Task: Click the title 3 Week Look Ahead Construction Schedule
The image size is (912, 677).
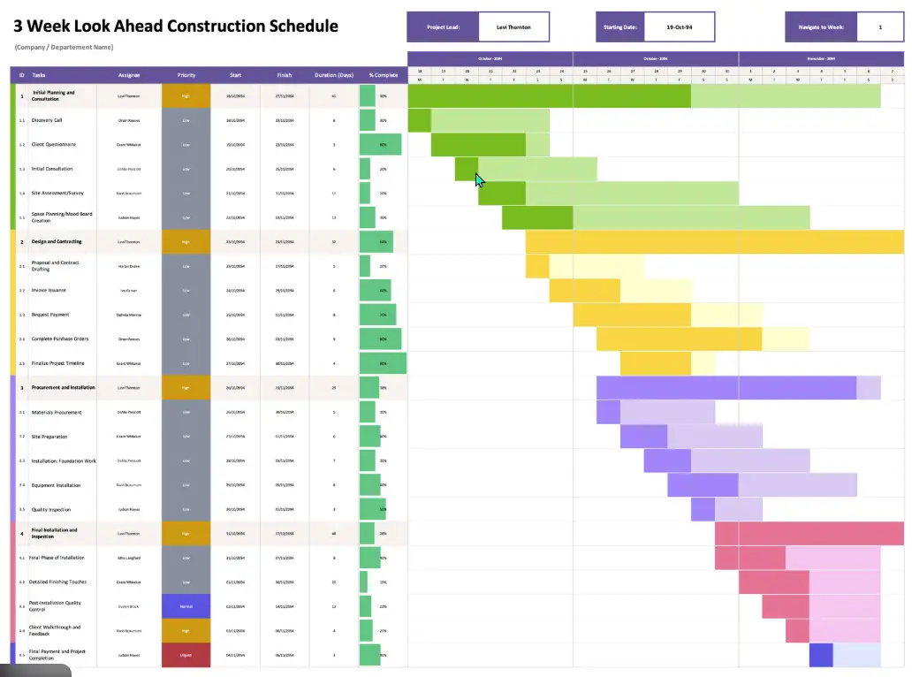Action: point(176,26)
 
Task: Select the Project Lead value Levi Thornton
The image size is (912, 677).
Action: point(513,27)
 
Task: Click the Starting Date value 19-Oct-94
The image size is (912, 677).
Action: point(679,27)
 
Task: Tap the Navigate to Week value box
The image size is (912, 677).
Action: point(879,27)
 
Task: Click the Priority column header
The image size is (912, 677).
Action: point(186,75)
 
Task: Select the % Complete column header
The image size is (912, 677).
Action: point(383,75)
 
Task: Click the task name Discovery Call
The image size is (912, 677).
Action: point(47,120)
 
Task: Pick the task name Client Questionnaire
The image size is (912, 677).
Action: point(53,144)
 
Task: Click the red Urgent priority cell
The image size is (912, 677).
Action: point(186,655)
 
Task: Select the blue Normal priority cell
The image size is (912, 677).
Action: point(186,606)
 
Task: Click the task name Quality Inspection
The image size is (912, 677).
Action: point(52,509)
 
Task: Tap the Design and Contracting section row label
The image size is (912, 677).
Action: point(57,241)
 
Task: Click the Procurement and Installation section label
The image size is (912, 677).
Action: point(63,387)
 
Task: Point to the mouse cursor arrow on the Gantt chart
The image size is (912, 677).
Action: point(478,179)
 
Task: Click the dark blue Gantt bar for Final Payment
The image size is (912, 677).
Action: point(821,655)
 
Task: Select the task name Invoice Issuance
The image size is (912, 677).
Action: point(49,290)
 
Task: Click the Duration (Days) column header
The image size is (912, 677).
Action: point(333,75)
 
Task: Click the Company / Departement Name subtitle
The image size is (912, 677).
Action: point(64,47)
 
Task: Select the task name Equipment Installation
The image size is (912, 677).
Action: point(56,484)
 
